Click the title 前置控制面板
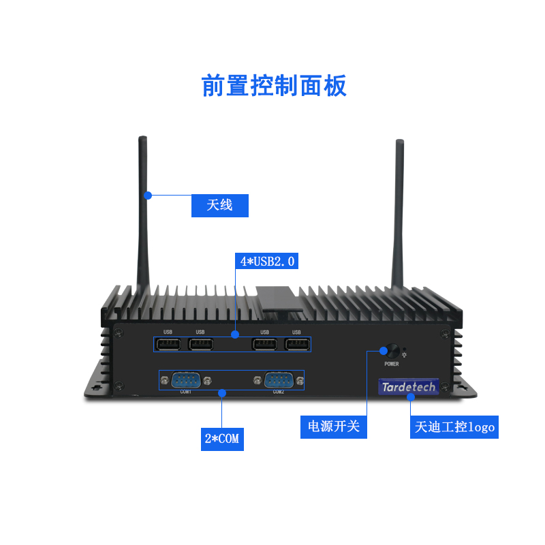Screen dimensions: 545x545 [274, 87]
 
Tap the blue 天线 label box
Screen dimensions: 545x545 [219, 205]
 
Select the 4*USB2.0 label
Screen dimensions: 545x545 [266, 261]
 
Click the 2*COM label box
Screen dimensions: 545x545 [222, 439]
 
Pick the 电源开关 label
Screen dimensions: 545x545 [334, 427]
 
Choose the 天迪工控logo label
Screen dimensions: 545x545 [454, 427]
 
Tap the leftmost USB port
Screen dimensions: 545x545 [168, 344]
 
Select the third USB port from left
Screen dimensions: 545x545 [264, 344]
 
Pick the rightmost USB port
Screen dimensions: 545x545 [296, 344]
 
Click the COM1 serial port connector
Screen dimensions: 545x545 [185, 380]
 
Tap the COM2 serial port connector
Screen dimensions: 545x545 [278, 380]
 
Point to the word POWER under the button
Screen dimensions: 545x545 [392, 364]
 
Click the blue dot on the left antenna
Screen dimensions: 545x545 [147, 196]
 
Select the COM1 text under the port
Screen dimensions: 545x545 [185, 392]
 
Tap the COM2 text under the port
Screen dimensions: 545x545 [279, 392]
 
